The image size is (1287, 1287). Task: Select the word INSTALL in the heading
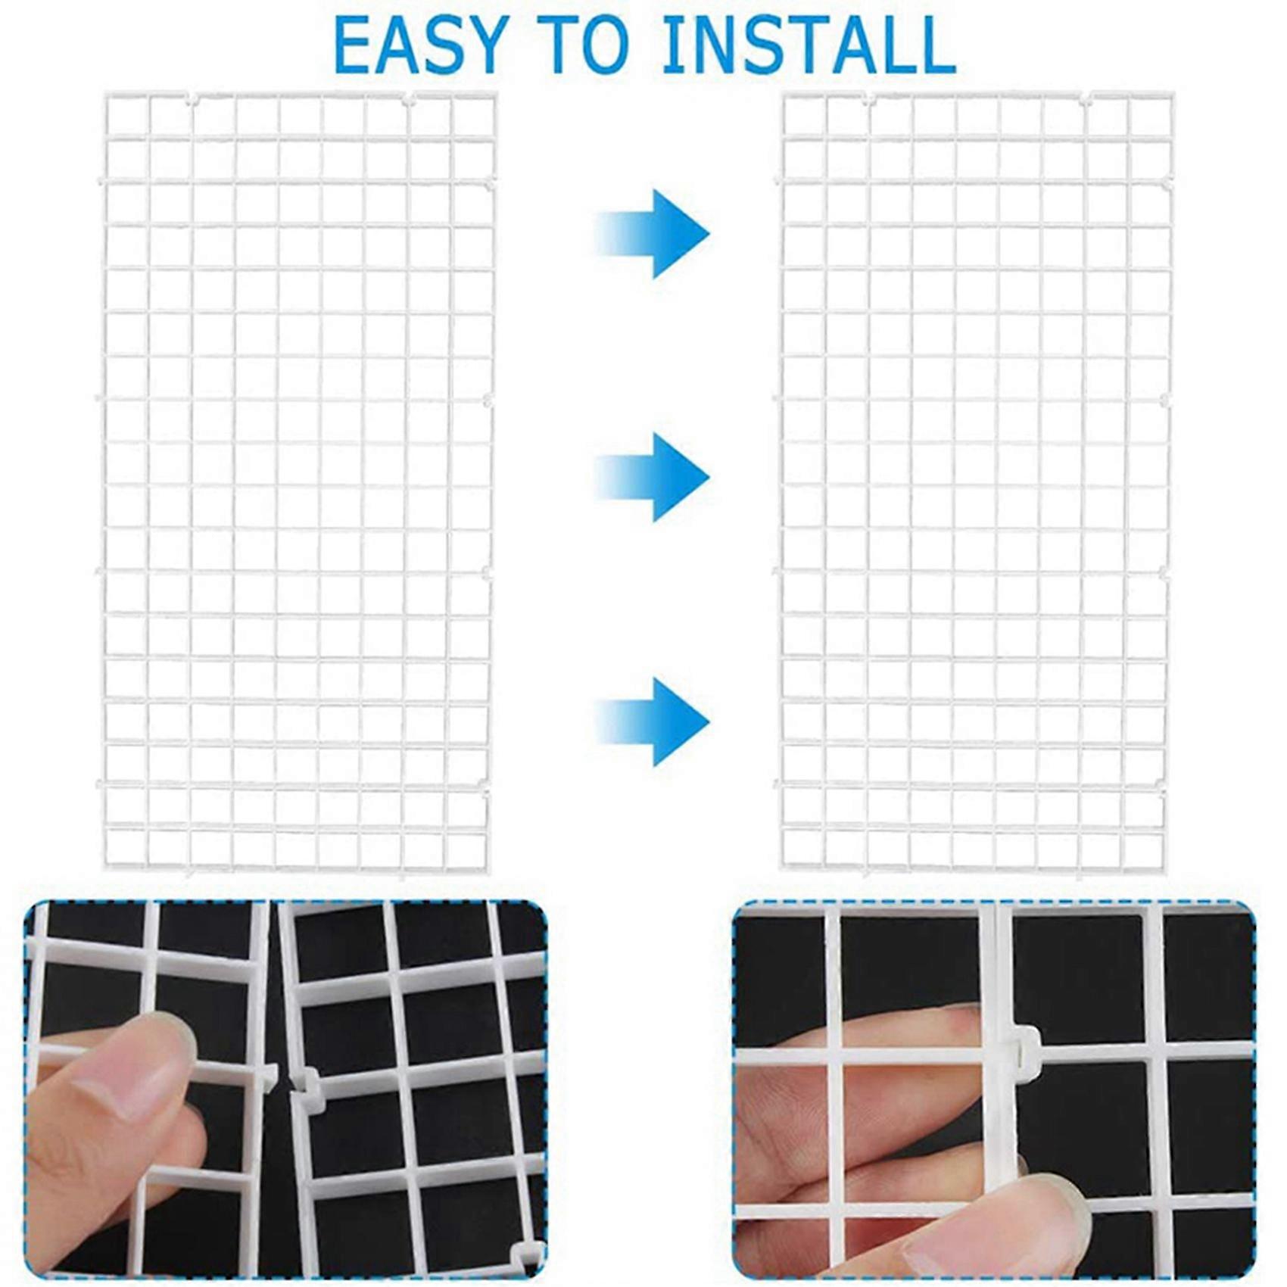click(809, 45)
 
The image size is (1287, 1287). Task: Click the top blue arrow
click(653, 233)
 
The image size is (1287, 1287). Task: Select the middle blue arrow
click(653, 477)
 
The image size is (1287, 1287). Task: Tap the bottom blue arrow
click(653, 721)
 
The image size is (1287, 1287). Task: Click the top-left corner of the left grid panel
click(104, 93)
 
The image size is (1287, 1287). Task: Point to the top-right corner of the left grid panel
click(496, 93)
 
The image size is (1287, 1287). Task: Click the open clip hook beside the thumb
click(307, 1090)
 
